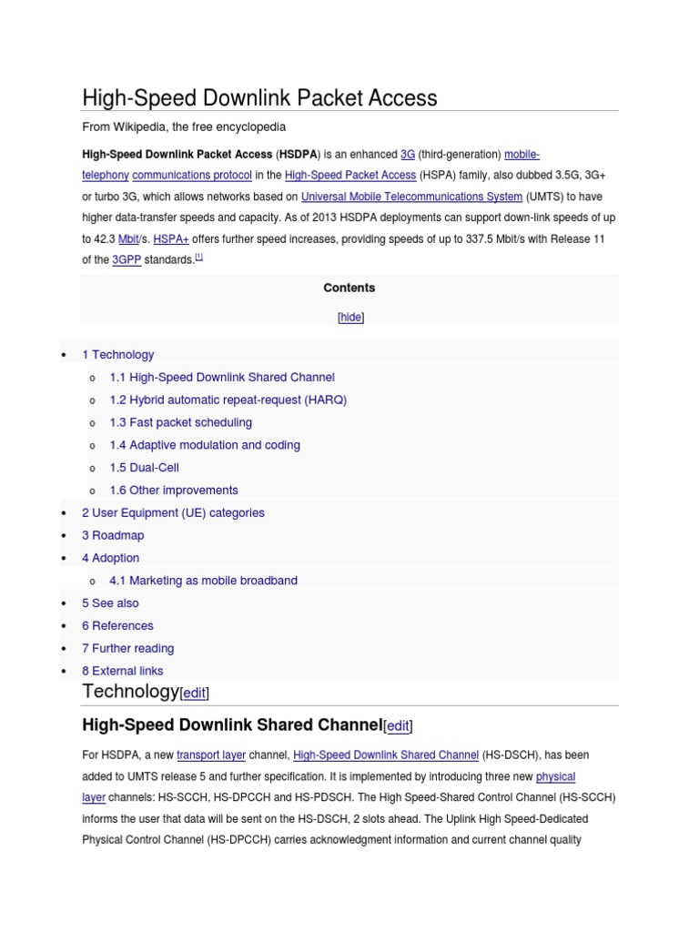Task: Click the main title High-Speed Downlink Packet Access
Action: point(259,98)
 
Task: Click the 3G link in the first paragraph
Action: point(408,155)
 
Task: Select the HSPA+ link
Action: point(171,238)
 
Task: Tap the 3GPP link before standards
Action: point(127,259)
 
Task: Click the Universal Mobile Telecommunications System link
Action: point(411,197)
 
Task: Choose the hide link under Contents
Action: point(349,318)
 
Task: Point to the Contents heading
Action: point(349,288)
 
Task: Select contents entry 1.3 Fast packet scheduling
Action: point(180,422)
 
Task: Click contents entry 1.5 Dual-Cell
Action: point(144,468)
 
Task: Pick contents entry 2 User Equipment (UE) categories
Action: point(173,512)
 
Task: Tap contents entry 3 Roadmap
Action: point(113,535)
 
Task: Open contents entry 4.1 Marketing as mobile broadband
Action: point(203,581)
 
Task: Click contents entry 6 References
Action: point(117,625)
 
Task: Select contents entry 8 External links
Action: point(123,671)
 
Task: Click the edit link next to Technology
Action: point(195,694)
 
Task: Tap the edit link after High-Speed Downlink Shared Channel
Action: point(398,726)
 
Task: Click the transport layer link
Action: point(211,755)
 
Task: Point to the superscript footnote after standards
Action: point(199,257)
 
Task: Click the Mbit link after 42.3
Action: point(128,238)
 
